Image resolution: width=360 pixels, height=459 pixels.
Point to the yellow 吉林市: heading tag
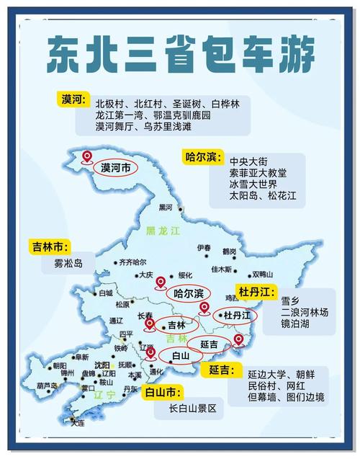point(50,246)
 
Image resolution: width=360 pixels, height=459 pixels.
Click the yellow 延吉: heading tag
point(222,370)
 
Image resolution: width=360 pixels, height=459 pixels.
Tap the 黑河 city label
point(166,208)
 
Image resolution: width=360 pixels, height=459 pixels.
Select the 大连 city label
point(78,422)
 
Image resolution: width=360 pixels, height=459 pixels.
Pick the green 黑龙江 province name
point(161,231)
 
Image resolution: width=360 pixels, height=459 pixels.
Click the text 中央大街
point(248,160)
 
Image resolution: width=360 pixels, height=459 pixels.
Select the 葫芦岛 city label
point(48,386)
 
